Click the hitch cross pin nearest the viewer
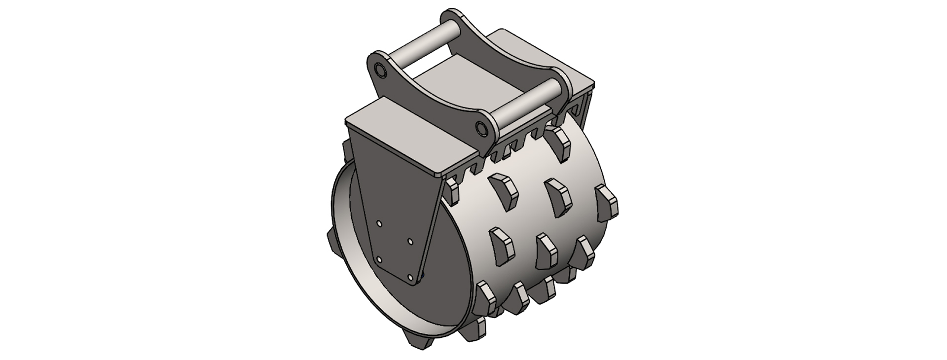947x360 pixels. coord(523,107)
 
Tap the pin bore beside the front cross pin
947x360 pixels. coord(480,128)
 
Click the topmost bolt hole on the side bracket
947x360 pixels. coord(379,223)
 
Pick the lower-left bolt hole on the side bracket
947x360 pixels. coord(378,259)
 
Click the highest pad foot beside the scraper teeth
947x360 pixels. coord(558,144)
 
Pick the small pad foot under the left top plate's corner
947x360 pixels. coord(453,192)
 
